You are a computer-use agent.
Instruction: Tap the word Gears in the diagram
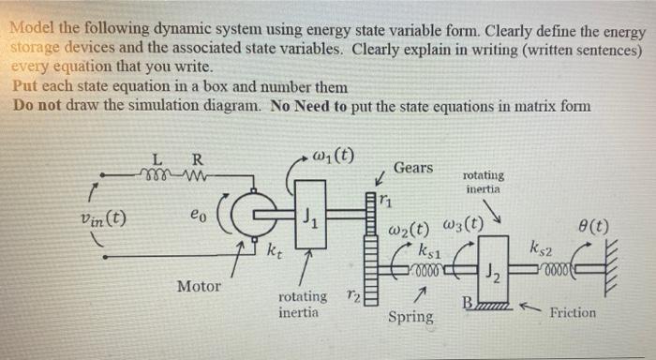pyautogui.click(x=413, y=168)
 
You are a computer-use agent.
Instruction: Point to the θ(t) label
pyautogui.click(x=594, y=226)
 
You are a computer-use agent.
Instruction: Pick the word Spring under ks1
pyautogui.click(x=410, y=316)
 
